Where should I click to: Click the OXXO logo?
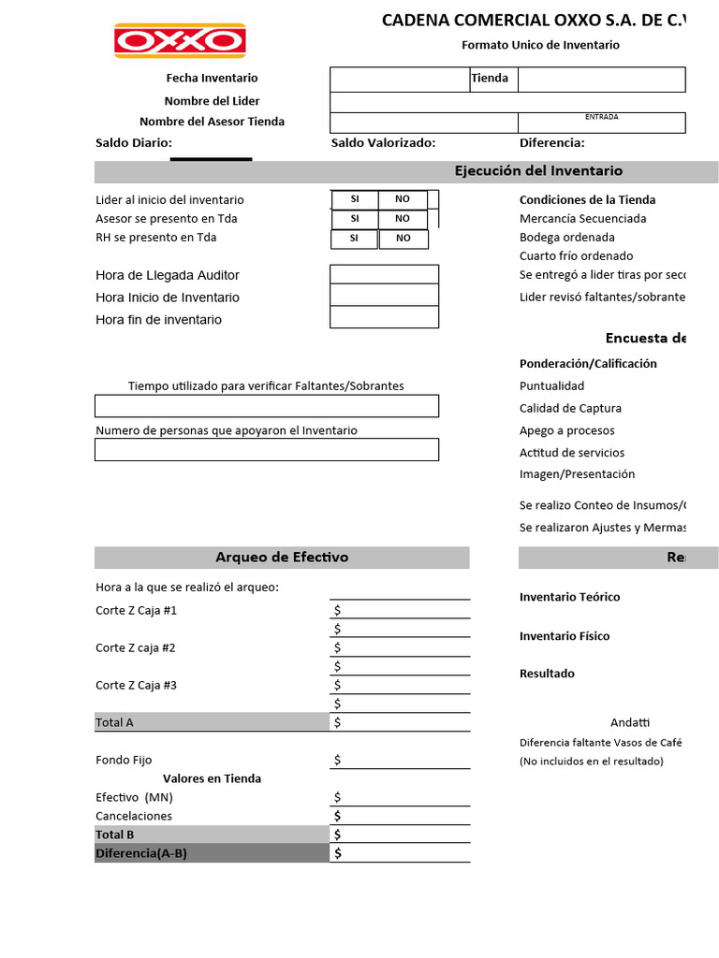pyautogui.click(x=180, y=41)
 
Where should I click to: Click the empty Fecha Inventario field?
pyautogui.click(x=399, y=80)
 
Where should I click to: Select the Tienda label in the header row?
pyautogui.click(x=490, y=79)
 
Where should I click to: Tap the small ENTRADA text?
pyautogui.click(x=601, y=117)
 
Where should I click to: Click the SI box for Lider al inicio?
pyautogui.click(x=355, y=199)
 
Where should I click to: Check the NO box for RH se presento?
pyautogui.click(x=403, y=239)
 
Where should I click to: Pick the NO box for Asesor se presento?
pyautogui.click(x=403, y=219)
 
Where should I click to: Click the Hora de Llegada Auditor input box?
pyautogui.click(x=384, y=274)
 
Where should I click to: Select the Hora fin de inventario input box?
pyautogui.click(x=384, y=318)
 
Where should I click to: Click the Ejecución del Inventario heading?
pyautogui.click(x=538, y=171)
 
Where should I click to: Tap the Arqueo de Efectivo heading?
pyautogui.click(x=282, y=558)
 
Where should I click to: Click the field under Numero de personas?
pyautogui.click(x=266, y=450)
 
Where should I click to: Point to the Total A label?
pyautogui.click(x=114, y=722)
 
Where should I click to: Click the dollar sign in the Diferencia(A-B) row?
pyautogui.click(x=337, y=853)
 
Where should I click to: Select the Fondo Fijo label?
pyautogui.click(x=124, y=760)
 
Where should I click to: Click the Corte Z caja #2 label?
pyautogui.click(x=136, y=647)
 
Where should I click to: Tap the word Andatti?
pyautogui.click(x=630, y=722)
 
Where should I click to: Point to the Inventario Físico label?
pyautogui.click(x=565, y=636)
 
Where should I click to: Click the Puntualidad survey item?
pyautogui.click(x=551, y=385)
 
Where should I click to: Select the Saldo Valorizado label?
pyautogui.click(x=383, y=143)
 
